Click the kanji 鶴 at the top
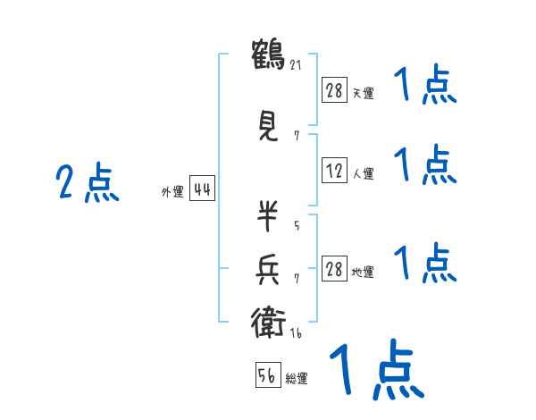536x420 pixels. [268, 55]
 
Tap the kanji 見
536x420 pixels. [268, 127]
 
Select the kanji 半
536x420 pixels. [267, 215]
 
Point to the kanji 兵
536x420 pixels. [267, 270]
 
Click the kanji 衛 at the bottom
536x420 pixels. [268, 323]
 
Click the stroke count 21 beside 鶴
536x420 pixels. [296, 65]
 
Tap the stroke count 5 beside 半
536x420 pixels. [297, 225]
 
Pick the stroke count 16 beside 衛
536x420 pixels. [296, 333]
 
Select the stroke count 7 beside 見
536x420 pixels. [297, 136]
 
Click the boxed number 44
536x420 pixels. [202, 189]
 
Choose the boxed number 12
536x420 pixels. [334, 170]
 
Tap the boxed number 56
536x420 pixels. [268, 374]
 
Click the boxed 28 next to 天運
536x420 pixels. [334, 90]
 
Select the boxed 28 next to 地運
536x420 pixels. [334, 268]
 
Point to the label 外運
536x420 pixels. [172, 192]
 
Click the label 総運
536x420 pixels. [297, 379]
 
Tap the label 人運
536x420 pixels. [364, 173]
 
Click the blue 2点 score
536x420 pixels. [88, 182]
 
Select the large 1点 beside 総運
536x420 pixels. [377, 370]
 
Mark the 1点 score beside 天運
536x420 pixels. [425, 84]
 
